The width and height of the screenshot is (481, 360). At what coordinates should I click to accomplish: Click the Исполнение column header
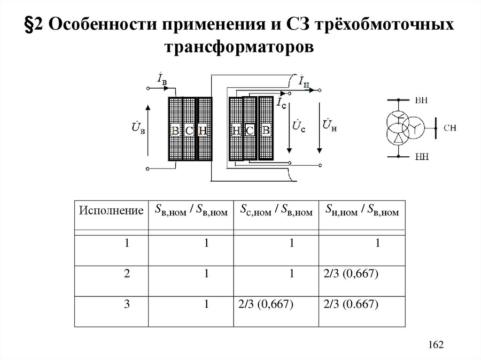point(111,211)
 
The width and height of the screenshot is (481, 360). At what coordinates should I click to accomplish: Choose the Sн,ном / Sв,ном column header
point(362,211)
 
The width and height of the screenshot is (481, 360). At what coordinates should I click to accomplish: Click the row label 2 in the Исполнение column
point(127,275)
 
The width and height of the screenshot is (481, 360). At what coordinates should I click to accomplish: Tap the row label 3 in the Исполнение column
point(127,305)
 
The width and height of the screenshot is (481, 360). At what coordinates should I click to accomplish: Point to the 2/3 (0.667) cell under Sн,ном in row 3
point(351,305)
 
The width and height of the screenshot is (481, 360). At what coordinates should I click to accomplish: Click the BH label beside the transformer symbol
point(421,100)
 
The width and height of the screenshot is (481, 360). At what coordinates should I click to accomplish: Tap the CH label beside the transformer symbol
point(450,127)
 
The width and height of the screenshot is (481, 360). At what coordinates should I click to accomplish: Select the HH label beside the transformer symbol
point(421,156)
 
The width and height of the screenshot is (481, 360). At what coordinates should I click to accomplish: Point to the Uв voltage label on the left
point(139,128)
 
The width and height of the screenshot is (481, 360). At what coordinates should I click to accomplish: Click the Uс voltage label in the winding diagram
point(299,126)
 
